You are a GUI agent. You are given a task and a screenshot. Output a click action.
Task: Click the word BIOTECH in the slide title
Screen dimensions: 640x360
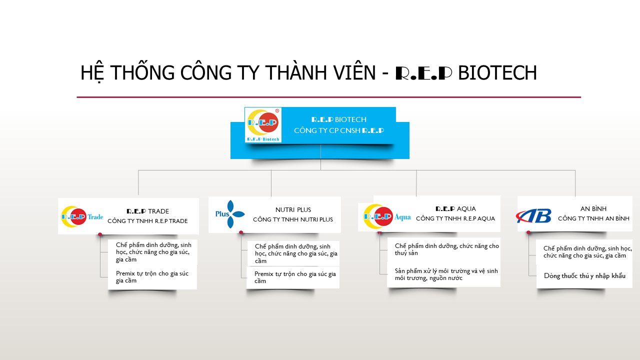click(497, 72)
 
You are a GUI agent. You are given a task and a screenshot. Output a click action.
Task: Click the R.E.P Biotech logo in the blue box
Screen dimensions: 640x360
click(263, 125)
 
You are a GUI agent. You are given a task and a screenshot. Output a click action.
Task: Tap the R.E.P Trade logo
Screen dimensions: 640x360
click(82, 216)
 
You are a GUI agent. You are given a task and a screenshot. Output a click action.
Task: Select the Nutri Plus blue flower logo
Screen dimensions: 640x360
click(230, 214)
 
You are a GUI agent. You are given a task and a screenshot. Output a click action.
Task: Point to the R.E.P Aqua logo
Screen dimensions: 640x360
click(387, 216)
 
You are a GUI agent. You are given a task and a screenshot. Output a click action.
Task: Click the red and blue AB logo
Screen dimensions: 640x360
click(533, 216)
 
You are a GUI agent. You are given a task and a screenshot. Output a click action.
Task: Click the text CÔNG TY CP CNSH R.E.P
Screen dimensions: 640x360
click(339, 130)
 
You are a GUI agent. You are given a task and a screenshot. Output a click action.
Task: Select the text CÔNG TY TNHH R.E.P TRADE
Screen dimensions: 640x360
click(147, 221)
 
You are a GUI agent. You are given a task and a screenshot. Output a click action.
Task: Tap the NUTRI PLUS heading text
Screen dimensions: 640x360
click(293, 209)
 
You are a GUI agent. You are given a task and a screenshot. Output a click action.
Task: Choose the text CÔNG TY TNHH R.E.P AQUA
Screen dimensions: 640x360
click(455, 218)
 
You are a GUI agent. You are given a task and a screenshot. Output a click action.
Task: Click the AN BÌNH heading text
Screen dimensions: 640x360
click(593, 208)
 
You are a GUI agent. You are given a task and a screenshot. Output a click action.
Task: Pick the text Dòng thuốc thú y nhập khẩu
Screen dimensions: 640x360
click(584, 275)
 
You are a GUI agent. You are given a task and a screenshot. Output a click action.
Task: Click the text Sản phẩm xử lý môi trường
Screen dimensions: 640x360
click(432, 271)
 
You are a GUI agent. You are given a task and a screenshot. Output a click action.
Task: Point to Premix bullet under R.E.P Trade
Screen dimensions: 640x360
click(152, 277)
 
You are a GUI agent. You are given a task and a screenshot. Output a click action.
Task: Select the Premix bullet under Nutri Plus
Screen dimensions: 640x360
click(295, 277)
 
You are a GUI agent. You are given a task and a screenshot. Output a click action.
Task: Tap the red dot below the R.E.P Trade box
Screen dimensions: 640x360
click(100, 234)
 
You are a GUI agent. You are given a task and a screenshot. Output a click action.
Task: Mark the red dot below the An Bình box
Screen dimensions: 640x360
click(528, 232)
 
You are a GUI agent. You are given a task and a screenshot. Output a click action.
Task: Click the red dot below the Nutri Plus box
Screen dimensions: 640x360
click(241, 232)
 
